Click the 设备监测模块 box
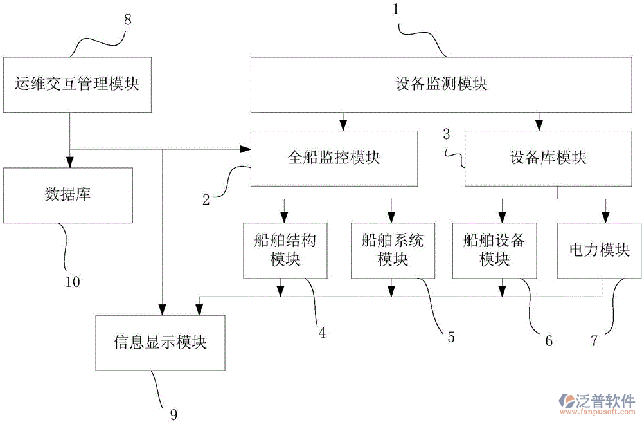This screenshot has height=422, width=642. point(441,84)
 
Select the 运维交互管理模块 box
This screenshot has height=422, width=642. point(77,83)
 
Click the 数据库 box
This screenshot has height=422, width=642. point(68,195)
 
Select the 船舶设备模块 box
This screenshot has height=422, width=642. point(494,250)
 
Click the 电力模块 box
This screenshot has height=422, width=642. point(598,250)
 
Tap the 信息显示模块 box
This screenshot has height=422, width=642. point(160,342)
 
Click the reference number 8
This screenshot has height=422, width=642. point(127,19)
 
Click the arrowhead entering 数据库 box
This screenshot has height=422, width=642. point(68,163)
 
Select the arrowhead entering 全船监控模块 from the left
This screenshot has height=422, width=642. point(245,149)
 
